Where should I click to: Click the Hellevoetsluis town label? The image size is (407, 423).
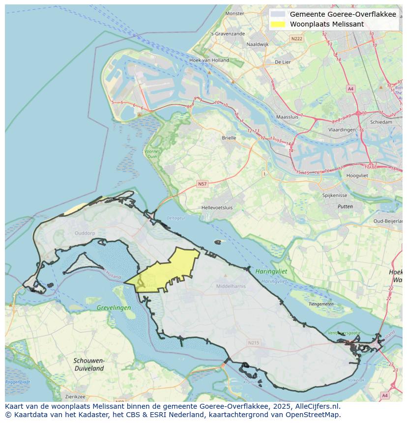[x=217, y=208]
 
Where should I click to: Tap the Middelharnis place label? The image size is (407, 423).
[x=231, y=285]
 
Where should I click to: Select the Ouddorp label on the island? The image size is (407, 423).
[x=84, y=233]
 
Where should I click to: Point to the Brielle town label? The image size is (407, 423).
[x=229, y=138]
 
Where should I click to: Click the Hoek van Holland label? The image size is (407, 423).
[x=209, y=60]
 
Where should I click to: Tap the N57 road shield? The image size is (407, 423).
[x=202, y=184]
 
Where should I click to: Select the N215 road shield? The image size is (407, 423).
[x=253, y=343]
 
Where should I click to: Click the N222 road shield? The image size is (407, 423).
[x=296, y=38]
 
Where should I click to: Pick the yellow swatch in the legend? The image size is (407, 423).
[x=278, y=24]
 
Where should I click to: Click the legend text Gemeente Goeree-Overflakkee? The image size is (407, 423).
[x=343, y=14]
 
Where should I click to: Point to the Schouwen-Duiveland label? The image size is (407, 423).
[x=89, y=364]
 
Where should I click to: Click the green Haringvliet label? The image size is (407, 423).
[x=271, y=271]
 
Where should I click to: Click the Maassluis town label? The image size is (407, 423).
[x=288, y=117]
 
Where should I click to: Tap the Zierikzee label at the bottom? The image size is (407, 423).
[x=75, y=396]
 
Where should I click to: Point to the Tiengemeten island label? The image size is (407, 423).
[x=321, y=304]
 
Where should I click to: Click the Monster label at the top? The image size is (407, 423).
[x=234, y=13]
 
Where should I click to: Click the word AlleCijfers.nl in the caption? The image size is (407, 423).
[x=317, y=406]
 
